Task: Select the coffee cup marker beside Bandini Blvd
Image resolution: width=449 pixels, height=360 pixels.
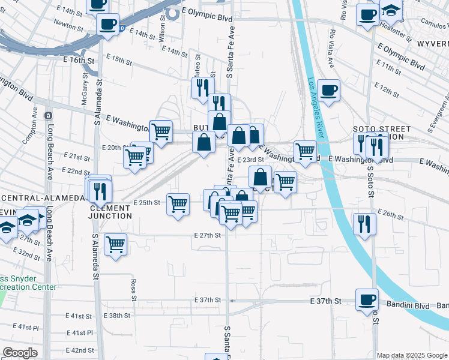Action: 367,299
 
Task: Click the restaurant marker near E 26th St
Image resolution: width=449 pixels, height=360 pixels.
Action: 364,224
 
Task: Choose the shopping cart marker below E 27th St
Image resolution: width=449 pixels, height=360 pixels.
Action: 115,244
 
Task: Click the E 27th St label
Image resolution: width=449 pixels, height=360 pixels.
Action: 208,235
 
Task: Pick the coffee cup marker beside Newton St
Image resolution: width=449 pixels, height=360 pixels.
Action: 109,24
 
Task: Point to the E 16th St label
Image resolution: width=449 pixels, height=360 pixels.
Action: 79,61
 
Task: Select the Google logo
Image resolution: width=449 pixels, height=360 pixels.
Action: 20,353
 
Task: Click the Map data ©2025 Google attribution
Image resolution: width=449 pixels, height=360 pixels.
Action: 412,355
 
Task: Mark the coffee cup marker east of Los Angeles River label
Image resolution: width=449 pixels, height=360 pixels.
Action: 328,90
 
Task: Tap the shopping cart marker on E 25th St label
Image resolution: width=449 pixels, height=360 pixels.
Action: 178,204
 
